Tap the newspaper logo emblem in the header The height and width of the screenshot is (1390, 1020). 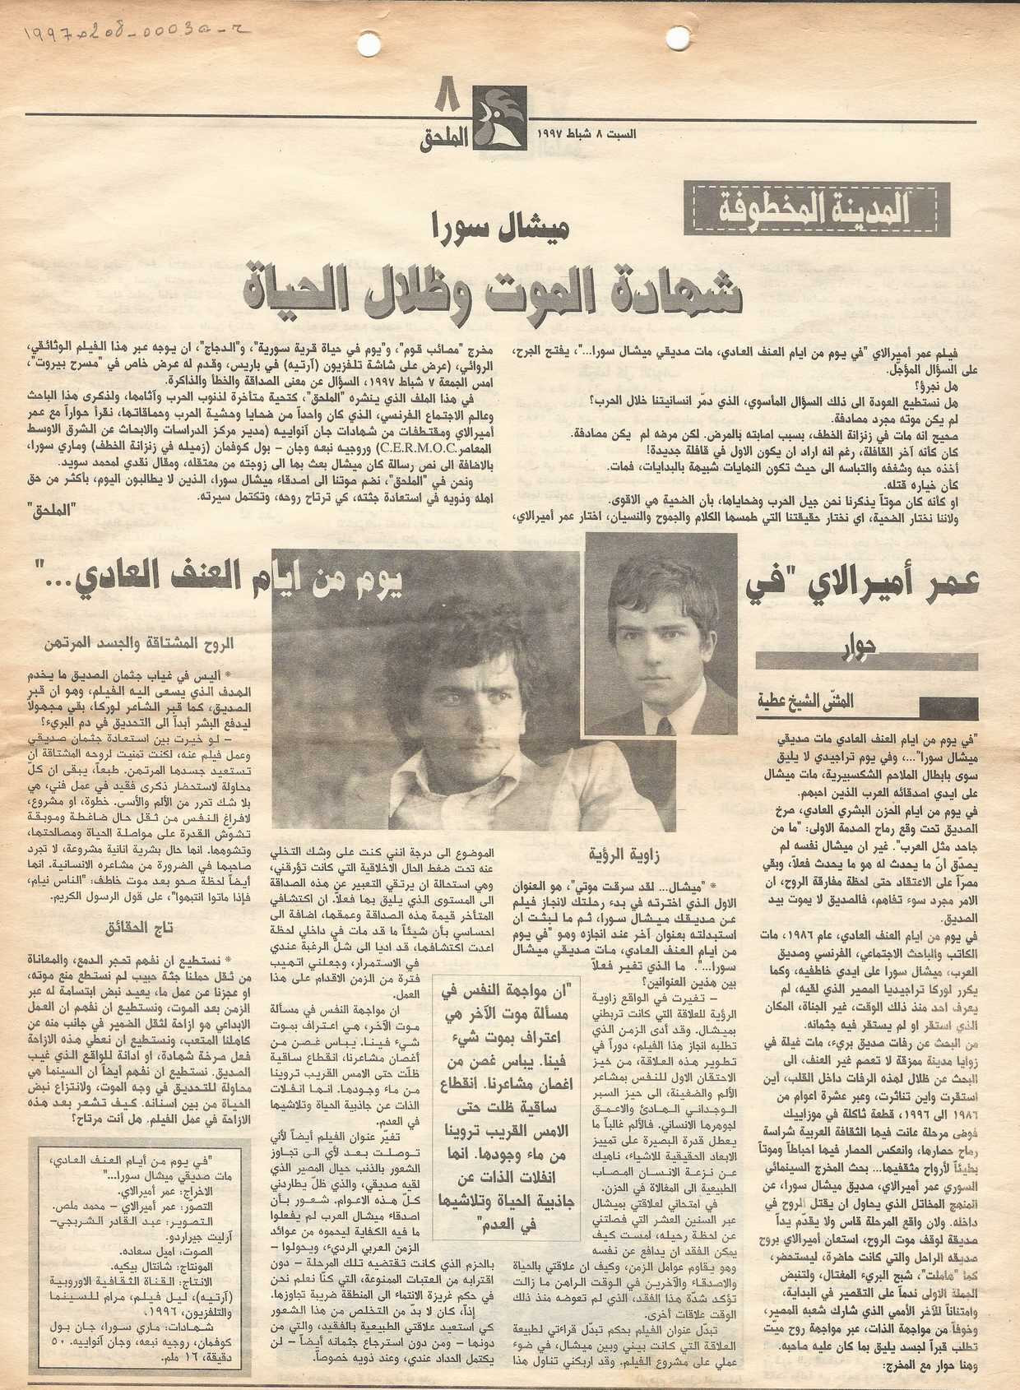click(499, 118)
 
